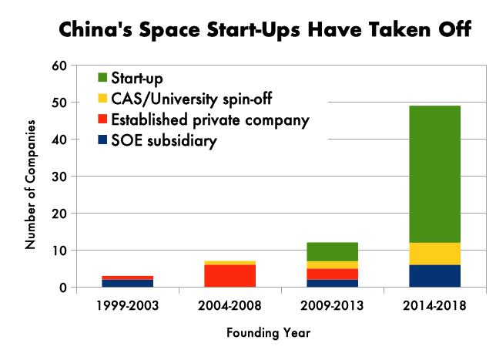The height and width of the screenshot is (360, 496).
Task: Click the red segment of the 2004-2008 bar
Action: [230, 275]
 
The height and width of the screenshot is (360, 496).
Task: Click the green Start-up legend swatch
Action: [102, 78]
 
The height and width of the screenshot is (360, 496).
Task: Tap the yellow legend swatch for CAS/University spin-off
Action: [102, 99]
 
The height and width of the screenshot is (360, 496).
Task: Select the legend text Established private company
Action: [210, 120]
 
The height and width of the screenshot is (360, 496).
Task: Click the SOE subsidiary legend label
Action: [163, 141]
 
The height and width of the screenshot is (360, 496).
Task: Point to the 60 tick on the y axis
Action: [59, 65]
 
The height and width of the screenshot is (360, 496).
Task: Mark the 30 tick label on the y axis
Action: [59, 176]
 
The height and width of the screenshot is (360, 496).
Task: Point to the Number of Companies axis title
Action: [32, 183]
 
